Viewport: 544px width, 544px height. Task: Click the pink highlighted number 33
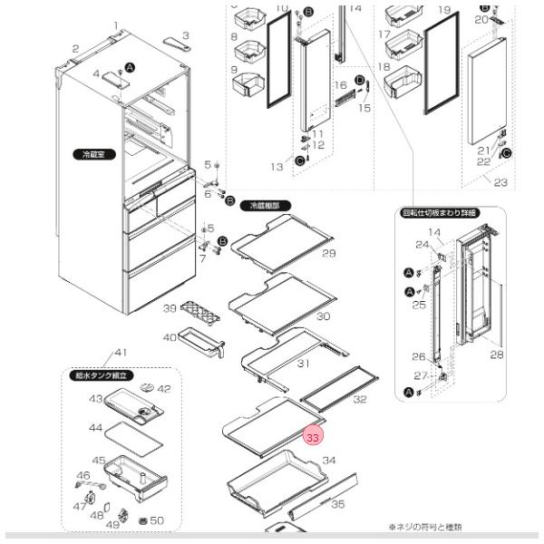(x=313, y=436)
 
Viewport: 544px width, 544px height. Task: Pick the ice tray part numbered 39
(x=200, y=314)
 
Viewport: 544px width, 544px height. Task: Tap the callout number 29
(x=328, y=252)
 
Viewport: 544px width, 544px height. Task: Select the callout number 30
(x=322, y=316)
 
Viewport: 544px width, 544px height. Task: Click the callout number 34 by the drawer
(x=328, y=461)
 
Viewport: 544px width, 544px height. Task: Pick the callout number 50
(x=157, y=520)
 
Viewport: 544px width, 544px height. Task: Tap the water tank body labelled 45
(x=131, y=474)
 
